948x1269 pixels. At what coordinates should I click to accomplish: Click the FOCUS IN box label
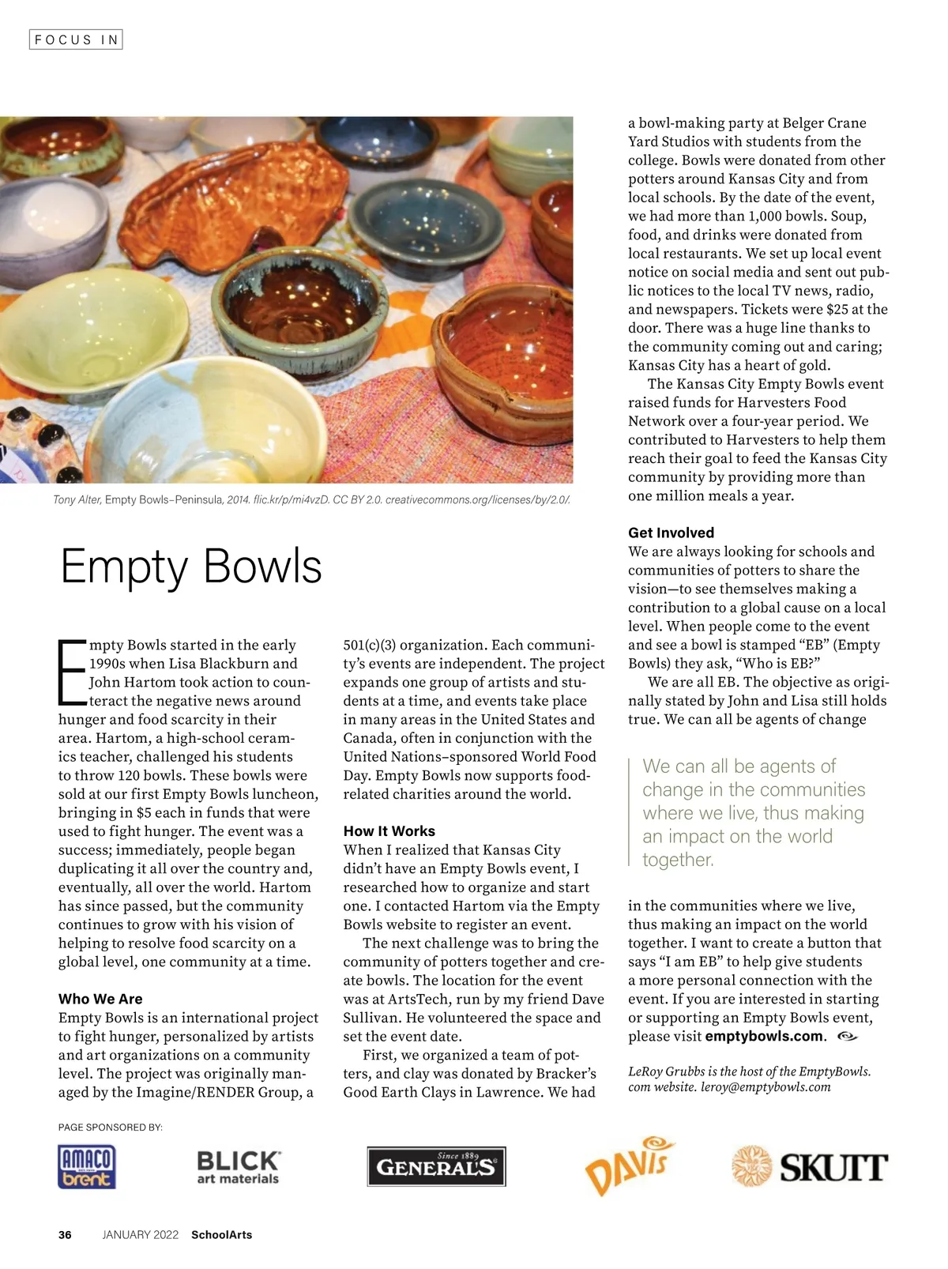76,40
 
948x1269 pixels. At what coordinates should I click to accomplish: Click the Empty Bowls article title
191,567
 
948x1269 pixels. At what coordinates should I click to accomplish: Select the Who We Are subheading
100,999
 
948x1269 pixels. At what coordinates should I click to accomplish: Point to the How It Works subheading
389,831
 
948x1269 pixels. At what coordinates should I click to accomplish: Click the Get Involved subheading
671,533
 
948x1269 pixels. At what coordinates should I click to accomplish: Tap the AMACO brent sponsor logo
87,1167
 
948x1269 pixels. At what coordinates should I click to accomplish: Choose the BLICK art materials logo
238,1167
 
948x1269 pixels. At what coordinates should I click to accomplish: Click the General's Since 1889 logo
436,1167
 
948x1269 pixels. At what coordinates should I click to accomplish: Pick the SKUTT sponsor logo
810,1166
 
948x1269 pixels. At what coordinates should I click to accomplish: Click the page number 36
65,1235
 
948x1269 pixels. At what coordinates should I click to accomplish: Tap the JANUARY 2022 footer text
141,1235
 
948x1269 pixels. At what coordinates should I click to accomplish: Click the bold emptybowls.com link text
765,1037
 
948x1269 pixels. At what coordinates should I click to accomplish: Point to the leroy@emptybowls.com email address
766,1087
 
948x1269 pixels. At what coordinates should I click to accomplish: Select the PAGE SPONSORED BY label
111,1128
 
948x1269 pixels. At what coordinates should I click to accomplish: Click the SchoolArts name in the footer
221,1235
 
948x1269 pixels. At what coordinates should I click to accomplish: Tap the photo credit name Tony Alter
77,500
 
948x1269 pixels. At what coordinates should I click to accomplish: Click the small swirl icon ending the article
846,1036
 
